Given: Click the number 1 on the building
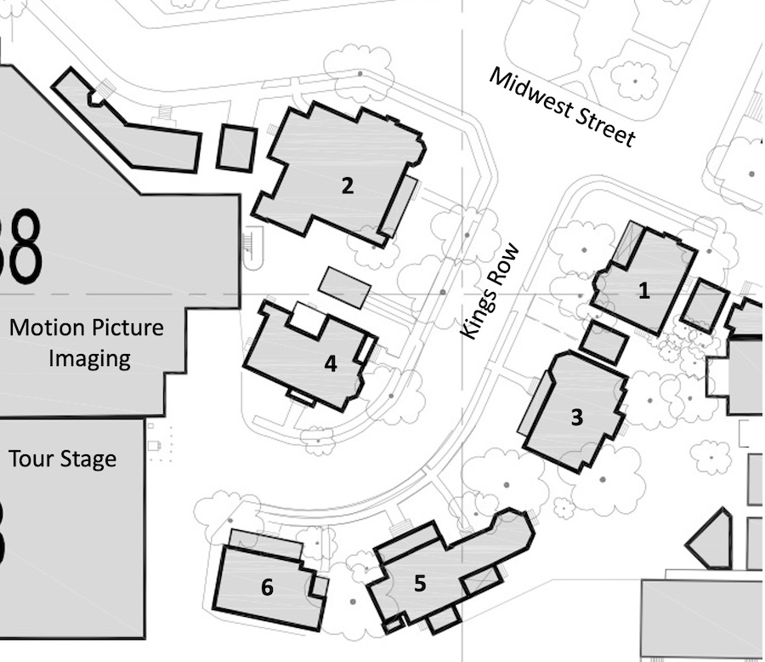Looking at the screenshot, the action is point(644,291).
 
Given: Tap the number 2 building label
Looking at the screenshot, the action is point(347,185).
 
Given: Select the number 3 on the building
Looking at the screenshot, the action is point(576,417).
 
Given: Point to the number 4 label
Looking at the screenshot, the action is point(331,364).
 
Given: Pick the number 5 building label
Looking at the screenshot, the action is point(420,584).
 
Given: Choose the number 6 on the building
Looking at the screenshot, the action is point(267,587).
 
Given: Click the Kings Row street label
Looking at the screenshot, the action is point(490,291).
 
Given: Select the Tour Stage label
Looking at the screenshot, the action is point(62,459).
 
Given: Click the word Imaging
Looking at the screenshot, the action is point(89,358).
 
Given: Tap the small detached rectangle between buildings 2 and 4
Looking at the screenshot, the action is point(344,288).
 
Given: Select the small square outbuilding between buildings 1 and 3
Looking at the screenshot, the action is point(603,342).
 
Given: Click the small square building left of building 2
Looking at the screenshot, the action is point(236,147).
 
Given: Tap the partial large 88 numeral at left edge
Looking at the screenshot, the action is point(20,246).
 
